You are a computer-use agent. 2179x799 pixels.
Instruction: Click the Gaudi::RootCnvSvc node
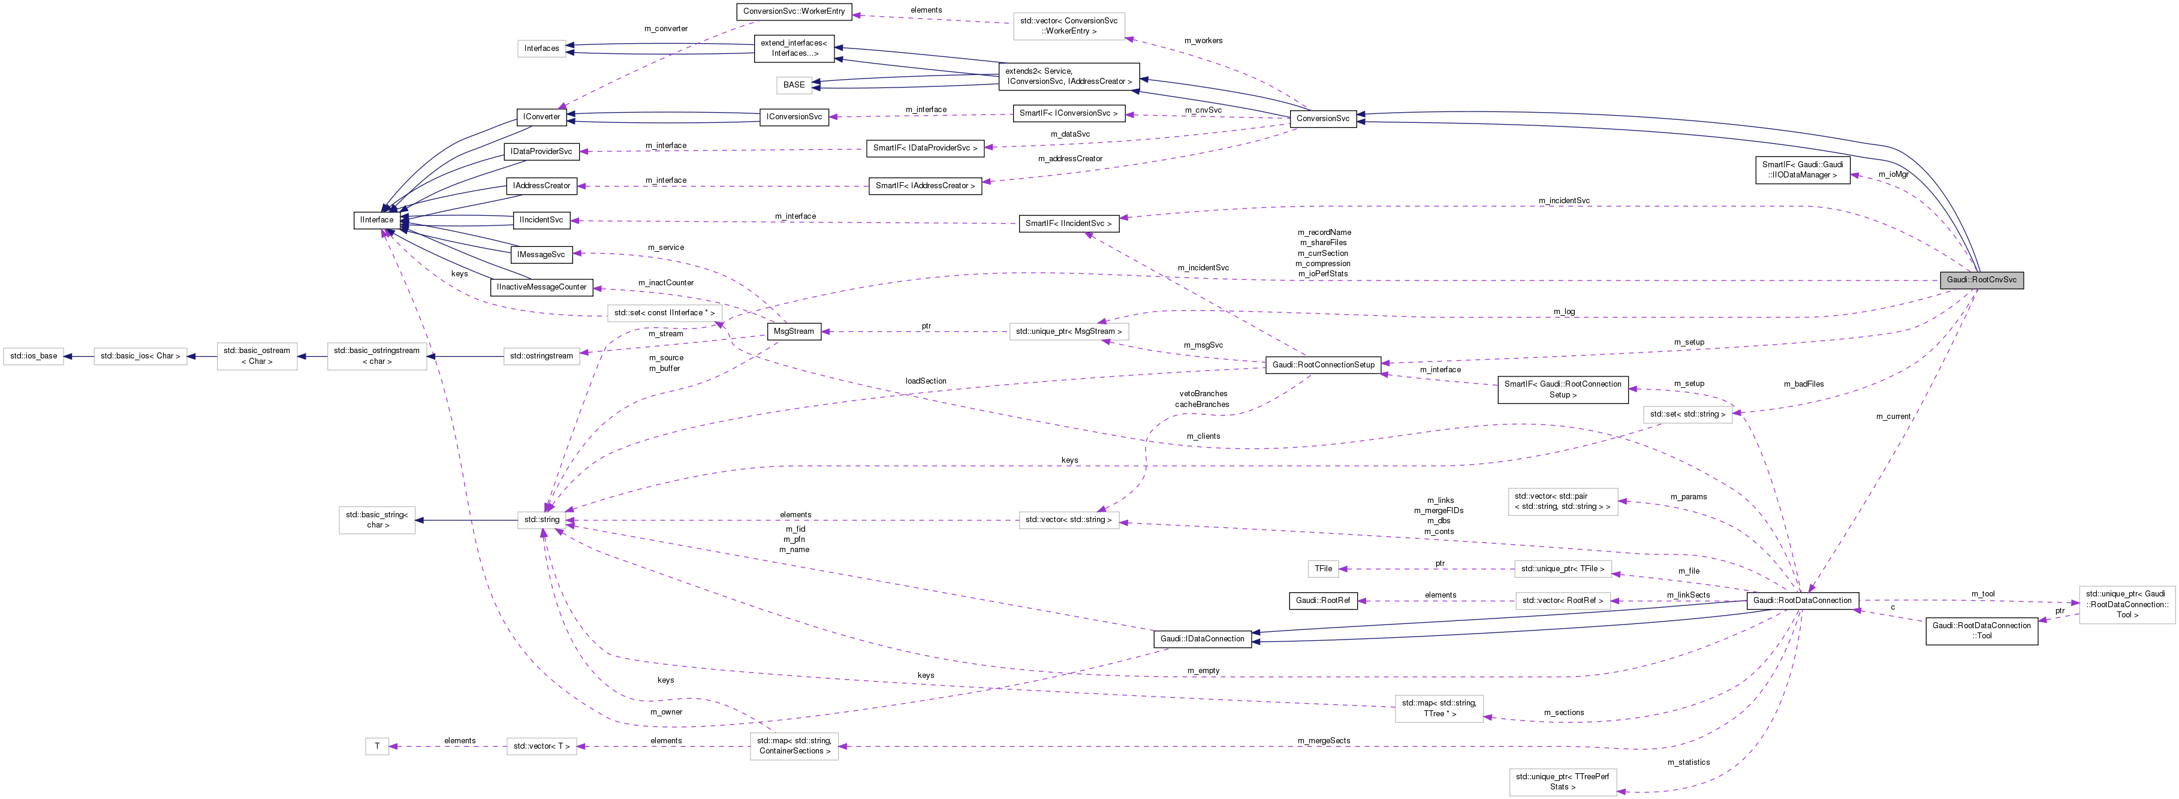point(1981,280)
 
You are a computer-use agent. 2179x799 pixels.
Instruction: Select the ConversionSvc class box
point(1322,118)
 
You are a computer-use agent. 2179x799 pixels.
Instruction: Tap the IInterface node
point(376,220)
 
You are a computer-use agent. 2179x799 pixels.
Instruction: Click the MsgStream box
point(794,331)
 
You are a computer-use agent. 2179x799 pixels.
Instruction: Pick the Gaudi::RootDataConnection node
point(1802,601)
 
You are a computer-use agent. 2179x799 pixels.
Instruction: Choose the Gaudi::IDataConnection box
point(1202,639)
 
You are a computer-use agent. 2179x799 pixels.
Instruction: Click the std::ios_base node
point(34,356)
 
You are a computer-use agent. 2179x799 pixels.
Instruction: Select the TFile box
point(1324,569)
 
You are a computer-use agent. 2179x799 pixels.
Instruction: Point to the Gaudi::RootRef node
point(1323,601)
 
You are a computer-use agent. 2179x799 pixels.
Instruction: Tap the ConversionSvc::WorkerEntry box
point(794,12)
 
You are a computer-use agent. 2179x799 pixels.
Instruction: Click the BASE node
point(794,85)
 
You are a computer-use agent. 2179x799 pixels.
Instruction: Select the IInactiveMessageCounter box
point(541,287)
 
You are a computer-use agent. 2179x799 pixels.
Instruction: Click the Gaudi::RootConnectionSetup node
point(1323,364)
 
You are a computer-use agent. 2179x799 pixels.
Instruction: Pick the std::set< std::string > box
point(1687,414)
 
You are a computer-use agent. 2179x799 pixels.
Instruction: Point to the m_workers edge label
point(1203,41)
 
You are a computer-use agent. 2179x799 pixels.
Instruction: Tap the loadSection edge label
point(926,381)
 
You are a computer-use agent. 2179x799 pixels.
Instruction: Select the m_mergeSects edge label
point(1324,741)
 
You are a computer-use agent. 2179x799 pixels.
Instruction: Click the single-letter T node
point(377,746)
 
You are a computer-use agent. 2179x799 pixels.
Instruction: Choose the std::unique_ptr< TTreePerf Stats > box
point(1562,781)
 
